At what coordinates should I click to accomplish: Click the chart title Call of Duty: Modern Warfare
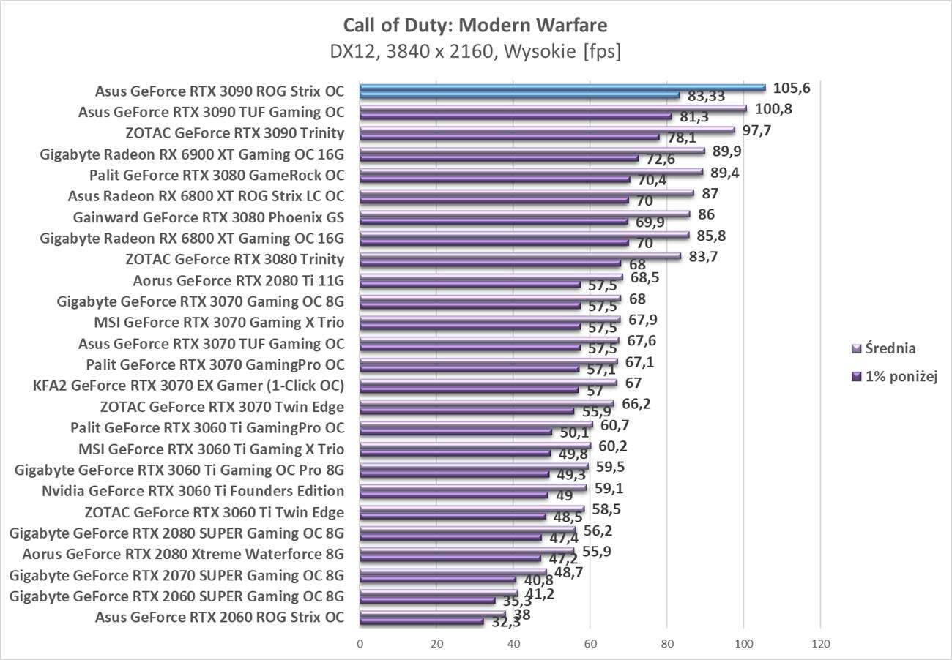(x=475, y=26)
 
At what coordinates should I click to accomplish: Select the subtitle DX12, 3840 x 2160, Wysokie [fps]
(x=475, y=53)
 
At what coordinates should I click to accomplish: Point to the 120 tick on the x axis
(x=820, y=644)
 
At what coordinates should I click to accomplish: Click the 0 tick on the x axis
(x=360, y=644)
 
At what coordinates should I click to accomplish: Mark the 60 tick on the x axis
(x=590, y=644)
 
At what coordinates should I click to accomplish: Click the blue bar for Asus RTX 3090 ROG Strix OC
(x=562, y=88)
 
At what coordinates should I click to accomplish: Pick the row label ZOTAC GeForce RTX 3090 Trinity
(x=235, y=133)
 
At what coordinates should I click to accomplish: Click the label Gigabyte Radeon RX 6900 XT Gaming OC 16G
(x=192, y=154)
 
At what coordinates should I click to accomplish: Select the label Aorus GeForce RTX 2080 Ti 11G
(x=239, y=280)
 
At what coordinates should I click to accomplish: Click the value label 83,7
(x=706, y=256)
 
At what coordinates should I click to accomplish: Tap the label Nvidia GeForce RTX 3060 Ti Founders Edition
(x=193, y=491)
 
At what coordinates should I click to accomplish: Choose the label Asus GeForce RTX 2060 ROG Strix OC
(x=220, y=617)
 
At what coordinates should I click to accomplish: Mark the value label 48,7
(x=568, y=572)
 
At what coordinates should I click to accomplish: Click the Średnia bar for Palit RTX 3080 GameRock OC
(x=532, y=172)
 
